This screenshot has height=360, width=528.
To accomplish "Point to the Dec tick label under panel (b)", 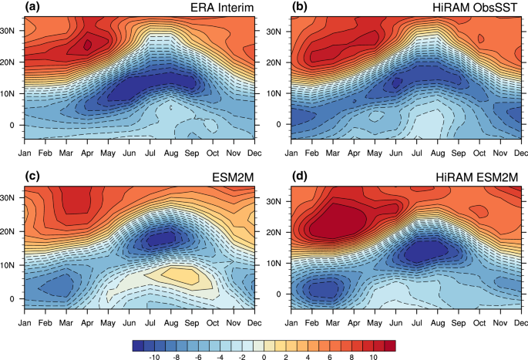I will pos(519,143).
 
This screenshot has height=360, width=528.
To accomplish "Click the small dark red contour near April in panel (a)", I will pos(87,45).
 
